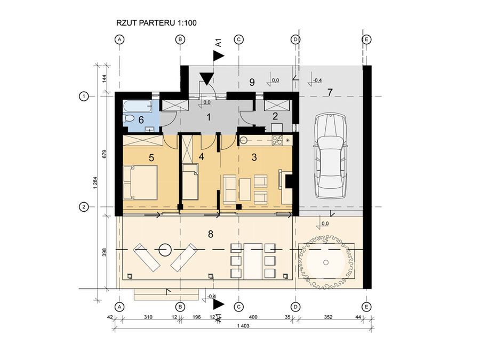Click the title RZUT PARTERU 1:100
[156, 23]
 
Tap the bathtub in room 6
[138, 107]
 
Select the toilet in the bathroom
[128, 118]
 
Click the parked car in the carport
[330, 156]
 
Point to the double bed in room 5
[140, 182]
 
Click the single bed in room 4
[190, 181]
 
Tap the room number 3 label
[254, 157]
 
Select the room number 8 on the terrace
[211, 234]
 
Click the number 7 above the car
[330, 92]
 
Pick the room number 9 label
[252, 82]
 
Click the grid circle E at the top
[366, 39]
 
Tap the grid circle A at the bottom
[119, 307]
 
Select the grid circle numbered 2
[84, 207]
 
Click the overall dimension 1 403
[243, 326]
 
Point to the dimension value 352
[328, 317]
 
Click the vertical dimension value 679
[104, 154]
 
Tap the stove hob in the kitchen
[277, 140]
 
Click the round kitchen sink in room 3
[244, 140]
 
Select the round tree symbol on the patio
[326, 262]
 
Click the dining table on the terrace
[253, 261]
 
